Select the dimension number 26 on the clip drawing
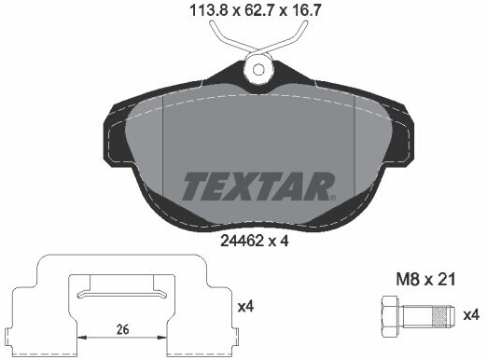122,327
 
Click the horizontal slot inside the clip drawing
121,295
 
